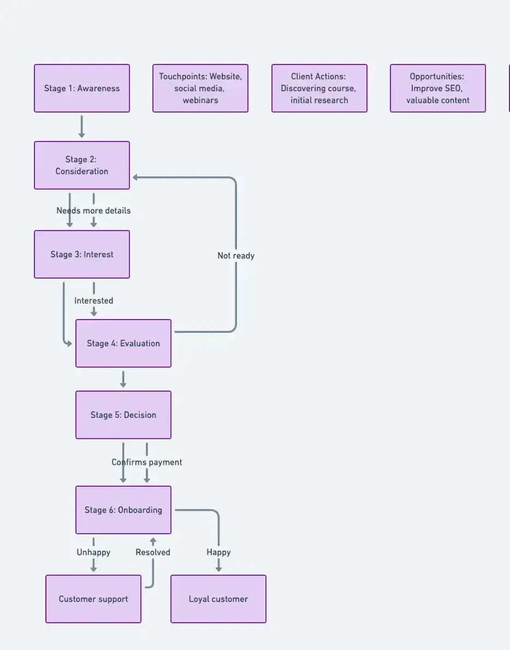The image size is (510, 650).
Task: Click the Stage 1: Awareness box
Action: point(82,88)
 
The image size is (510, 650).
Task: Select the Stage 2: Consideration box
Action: point(82,166)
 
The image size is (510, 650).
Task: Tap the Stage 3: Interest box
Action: point(82,255)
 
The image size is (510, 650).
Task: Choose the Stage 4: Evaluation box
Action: point(123,344)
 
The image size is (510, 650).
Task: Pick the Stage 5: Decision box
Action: point(123,415)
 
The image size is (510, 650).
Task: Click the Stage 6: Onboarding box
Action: point(123,510)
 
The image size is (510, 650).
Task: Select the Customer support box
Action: point(93,599)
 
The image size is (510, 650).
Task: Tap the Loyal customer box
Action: point(218,599)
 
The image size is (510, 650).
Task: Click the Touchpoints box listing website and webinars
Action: point(200,88)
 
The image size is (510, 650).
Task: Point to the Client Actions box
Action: point(319,88)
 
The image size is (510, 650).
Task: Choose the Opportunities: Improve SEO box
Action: point(438,88)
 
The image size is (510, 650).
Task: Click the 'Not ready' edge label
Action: point(236,256)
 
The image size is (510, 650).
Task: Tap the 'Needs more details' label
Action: point(93,211)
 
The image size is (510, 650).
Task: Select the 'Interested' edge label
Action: point(94,301)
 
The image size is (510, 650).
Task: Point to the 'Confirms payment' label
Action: point(147,463)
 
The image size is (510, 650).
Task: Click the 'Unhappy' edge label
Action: point(93,553)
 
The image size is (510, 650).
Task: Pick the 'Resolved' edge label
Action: point(153,553)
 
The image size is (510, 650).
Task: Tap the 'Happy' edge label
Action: point(218,553)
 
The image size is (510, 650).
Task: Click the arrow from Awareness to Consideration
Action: point(82,127)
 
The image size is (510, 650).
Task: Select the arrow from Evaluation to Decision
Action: point(123,380)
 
